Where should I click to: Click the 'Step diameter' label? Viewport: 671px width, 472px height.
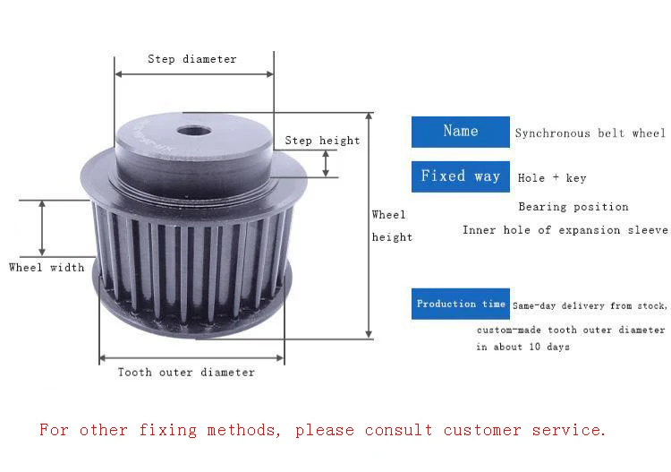(192, 59)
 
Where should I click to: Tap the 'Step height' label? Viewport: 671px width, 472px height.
(322, 141)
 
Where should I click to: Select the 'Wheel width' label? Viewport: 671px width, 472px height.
(47, 267)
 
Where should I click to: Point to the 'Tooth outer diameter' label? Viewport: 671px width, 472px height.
(186, 373)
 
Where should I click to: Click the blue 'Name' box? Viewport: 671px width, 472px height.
(460, 132)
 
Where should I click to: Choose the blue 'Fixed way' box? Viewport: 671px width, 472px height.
(460, 176)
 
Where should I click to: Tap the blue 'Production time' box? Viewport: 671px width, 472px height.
(460, 305)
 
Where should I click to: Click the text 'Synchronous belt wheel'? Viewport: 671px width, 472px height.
(590, 133)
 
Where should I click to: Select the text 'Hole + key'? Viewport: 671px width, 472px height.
(552, 178)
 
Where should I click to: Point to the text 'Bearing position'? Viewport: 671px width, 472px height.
(573, 207)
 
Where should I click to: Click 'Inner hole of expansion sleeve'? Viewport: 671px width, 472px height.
(565, 230)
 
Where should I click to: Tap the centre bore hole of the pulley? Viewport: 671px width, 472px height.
(193, 131)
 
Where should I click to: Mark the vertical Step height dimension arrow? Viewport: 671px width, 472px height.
(326, 163)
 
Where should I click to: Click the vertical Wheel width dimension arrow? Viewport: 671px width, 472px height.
(42, 228)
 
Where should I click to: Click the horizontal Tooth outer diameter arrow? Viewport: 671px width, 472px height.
(191, 358)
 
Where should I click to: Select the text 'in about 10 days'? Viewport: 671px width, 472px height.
(522, 348)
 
